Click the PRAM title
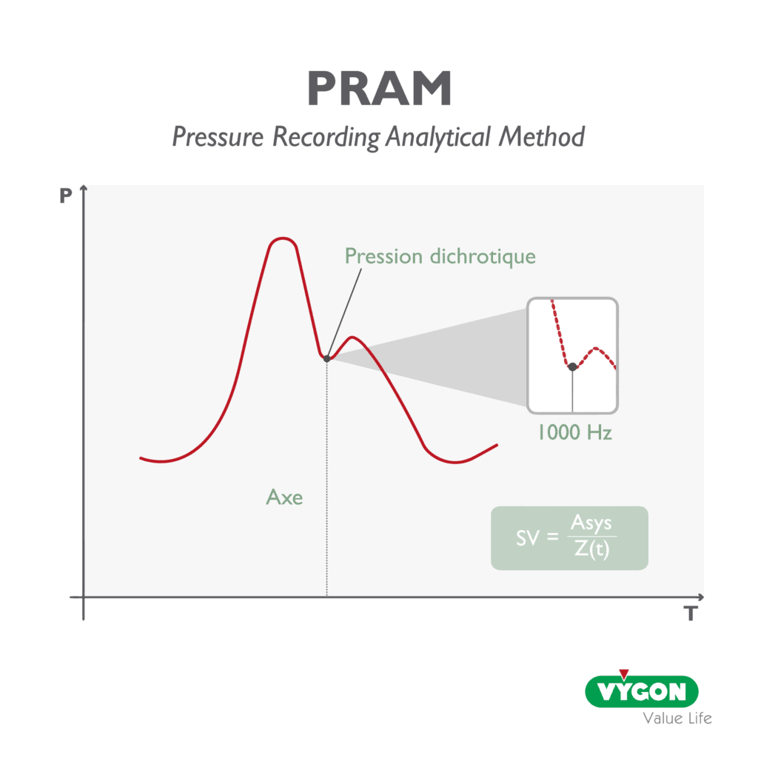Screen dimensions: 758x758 click(x=380, y=88)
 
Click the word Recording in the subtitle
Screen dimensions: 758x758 click(x=326, y=137)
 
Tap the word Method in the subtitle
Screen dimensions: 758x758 click(x=542, y=136)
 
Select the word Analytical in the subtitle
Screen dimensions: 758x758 click(x=438, y=137)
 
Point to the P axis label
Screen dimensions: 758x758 click(x=66, y=195)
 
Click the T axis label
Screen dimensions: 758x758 click(x=691, y=614)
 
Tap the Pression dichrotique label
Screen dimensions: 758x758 click(x=440, y=257)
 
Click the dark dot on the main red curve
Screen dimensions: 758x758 click(x=326, y=359)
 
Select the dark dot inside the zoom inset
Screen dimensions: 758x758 click(x=572, y=367)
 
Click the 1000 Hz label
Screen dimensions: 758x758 click(x=575, y=432)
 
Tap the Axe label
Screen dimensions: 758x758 click(x=285, y=497)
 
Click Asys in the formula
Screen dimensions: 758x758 click(x=591, y=523)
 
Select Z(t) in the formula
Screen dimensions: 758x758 click(x=591, y=549)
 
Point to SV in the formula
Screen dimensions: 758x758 click(x=527, y=537)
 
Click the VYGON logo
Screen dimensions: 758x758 click(x=642, y=691)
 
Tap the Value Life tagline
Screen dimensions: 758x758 click(x=677, y=718)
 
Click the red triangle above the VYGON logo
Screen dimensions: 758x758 click(x=624, y=674)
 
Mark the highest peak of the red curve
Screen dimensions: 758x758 click(x=282, y=238)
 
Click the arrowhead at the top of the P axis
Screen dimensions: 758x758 click(x=84, y=187)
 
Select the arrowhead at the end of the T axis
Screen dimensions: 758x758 click(x=701, y=597)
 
